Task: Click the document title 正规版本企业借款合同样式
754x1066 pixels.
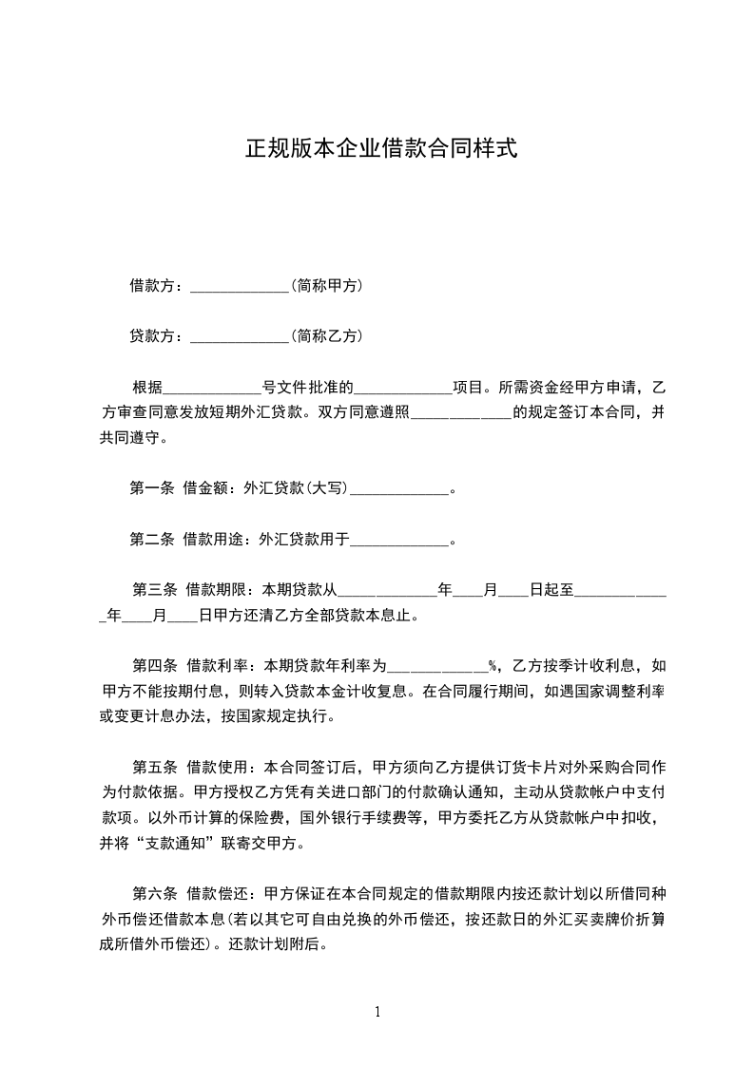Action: [x=381, y=149]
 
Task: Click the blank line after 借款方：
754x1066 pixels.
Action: [x=240, y=287]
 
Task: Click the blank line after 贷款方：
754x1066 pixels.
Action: [x=240, y=337]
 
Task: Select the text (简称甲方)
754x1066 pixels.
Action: [x=326, y=285]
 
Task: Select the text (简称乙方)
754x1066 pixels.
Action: [x=326, y=335]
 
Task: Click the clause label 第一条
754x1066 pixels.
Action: [x=151, y=489]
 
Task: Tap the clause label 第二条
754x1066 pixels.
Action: [x=151, y=540]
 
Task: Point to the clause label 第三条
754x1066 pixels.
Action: [x=153, y=590]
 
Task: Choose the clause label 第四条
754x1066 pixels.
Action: [x=153, y=664]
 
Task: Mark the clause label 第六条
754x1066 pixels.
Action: [x=153, y=893]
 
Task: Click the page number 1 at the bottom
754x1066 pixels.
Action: [x=377, y=1012]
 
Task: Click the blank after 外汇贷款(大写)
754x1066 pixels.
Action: [x=399, y=491]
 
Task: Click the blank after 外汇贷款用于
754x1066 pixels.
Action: [x=399, y=542]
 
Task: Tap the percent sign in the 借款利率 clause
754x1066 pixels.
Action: [x=493, y=665]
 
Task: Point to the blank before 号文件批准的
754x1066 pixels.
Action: [x=212, y=390]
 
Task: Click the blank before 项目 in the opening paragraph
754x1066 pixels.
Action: [x=403, y=390]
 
